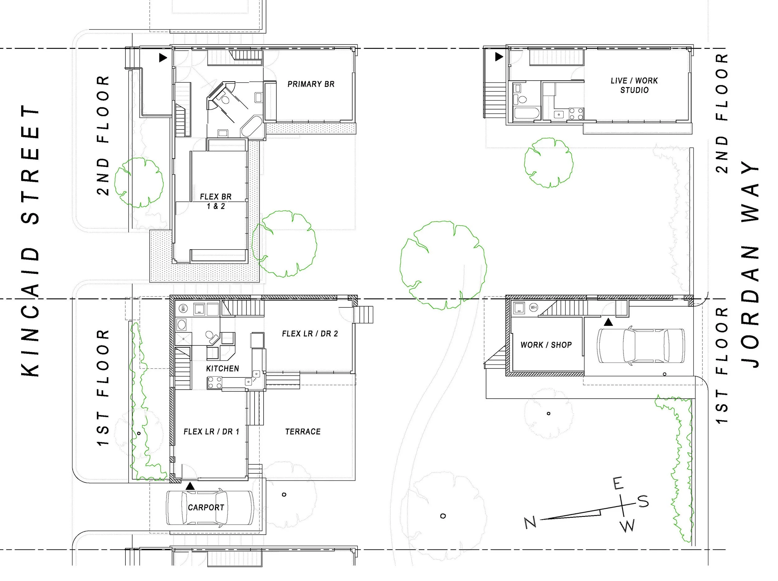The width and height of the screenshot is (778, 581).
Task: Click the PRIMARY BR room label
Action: click(311, 84)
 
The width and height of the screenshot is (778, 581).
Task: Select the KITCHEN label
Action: click(223, 368)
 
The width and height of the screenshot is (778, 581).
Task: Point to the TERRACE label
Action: click(303, 432)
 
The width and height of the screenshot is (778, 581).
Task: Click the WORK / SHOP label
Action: click(546, 345)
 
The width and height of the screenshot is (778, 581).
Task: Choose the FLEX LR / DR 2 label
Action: click(310, 333)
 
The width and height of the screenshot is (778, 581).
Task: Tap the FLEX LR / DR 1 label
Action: click(211, 432)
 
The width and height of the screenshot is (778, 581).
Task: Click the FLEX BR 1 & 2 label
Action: click(216, 201)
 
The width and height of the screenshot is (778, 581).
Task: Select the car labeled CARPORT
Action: click(210, 508)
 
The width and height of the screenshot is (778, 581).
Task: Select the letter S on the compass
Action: click(643, 501)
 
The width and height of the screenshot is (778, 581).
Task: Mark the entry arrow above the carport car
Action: click(190, 486)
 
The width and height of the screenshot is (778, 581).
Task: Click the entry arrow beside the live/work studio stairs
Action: click(499, 56)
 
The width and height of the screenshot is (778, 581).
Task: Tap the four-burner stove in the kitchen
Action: click(214, 383)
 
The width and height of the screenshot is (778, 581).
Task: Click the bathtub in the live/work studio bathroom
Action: click(523, 114)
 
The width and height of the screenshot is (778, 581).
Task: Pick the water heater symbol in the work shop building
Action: click(534, 307)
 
